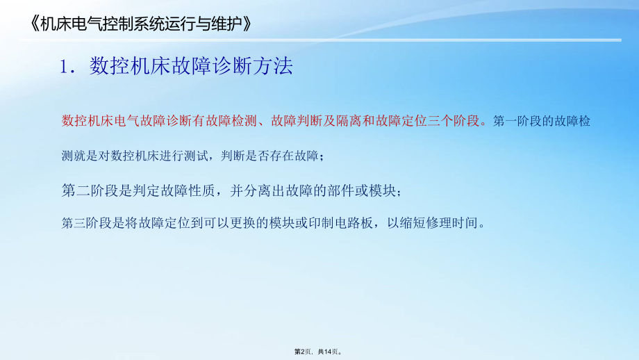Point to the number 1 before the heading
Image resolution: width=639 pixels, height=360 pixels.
[x=64, y=67]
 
